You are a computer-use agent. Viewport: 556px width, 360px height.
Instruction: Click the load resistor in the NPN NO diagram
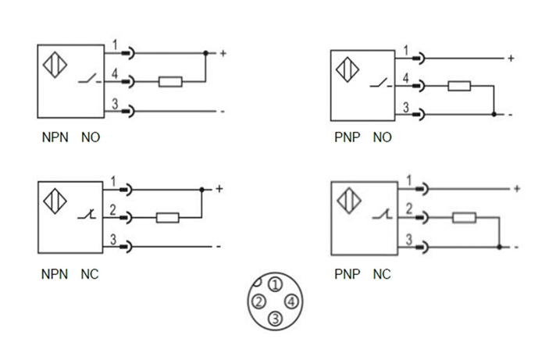coord(170,82)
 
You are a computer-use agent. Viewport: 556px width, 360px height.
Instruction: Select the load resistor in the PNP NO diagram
coord(458,86)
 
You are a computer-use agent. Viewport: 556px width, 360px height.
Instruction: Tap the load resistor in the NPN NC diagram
coord(168,218)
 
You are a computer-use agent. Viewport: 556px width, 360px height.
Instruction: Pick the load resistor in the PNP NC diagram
coord(464,218)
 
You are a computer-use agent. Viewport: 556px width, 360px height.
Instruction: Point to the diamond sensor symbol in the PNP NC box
coord(347,201)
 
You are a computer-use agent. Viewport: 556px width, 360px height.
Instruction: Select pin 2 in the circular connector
coord(258,301)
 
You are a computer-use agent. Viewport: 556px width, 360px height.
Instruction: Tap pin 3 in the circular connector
coord(274,317)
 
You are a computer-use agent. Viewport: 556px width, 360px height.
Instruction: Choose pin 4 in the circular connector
coord(290,301)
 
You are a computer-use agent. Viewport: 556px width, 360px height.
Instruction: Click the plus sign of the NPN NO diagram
coord(223,53)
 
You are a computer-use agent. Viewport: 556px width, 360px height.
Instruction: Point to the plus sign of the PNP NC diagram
coord(516,189)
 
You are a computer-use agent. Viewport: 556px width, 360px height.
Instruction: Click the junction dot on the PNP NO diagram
coord(494,115)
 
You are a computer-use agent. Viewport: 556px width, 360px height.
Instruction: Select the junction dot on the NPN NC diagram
coord(201,190)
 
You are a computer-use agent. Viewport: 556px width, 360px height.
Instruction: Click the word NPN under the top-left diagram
coord(55,137)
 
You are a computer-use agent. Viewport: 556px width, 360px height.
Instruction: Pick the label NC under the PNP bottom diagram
coord(381,274)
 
